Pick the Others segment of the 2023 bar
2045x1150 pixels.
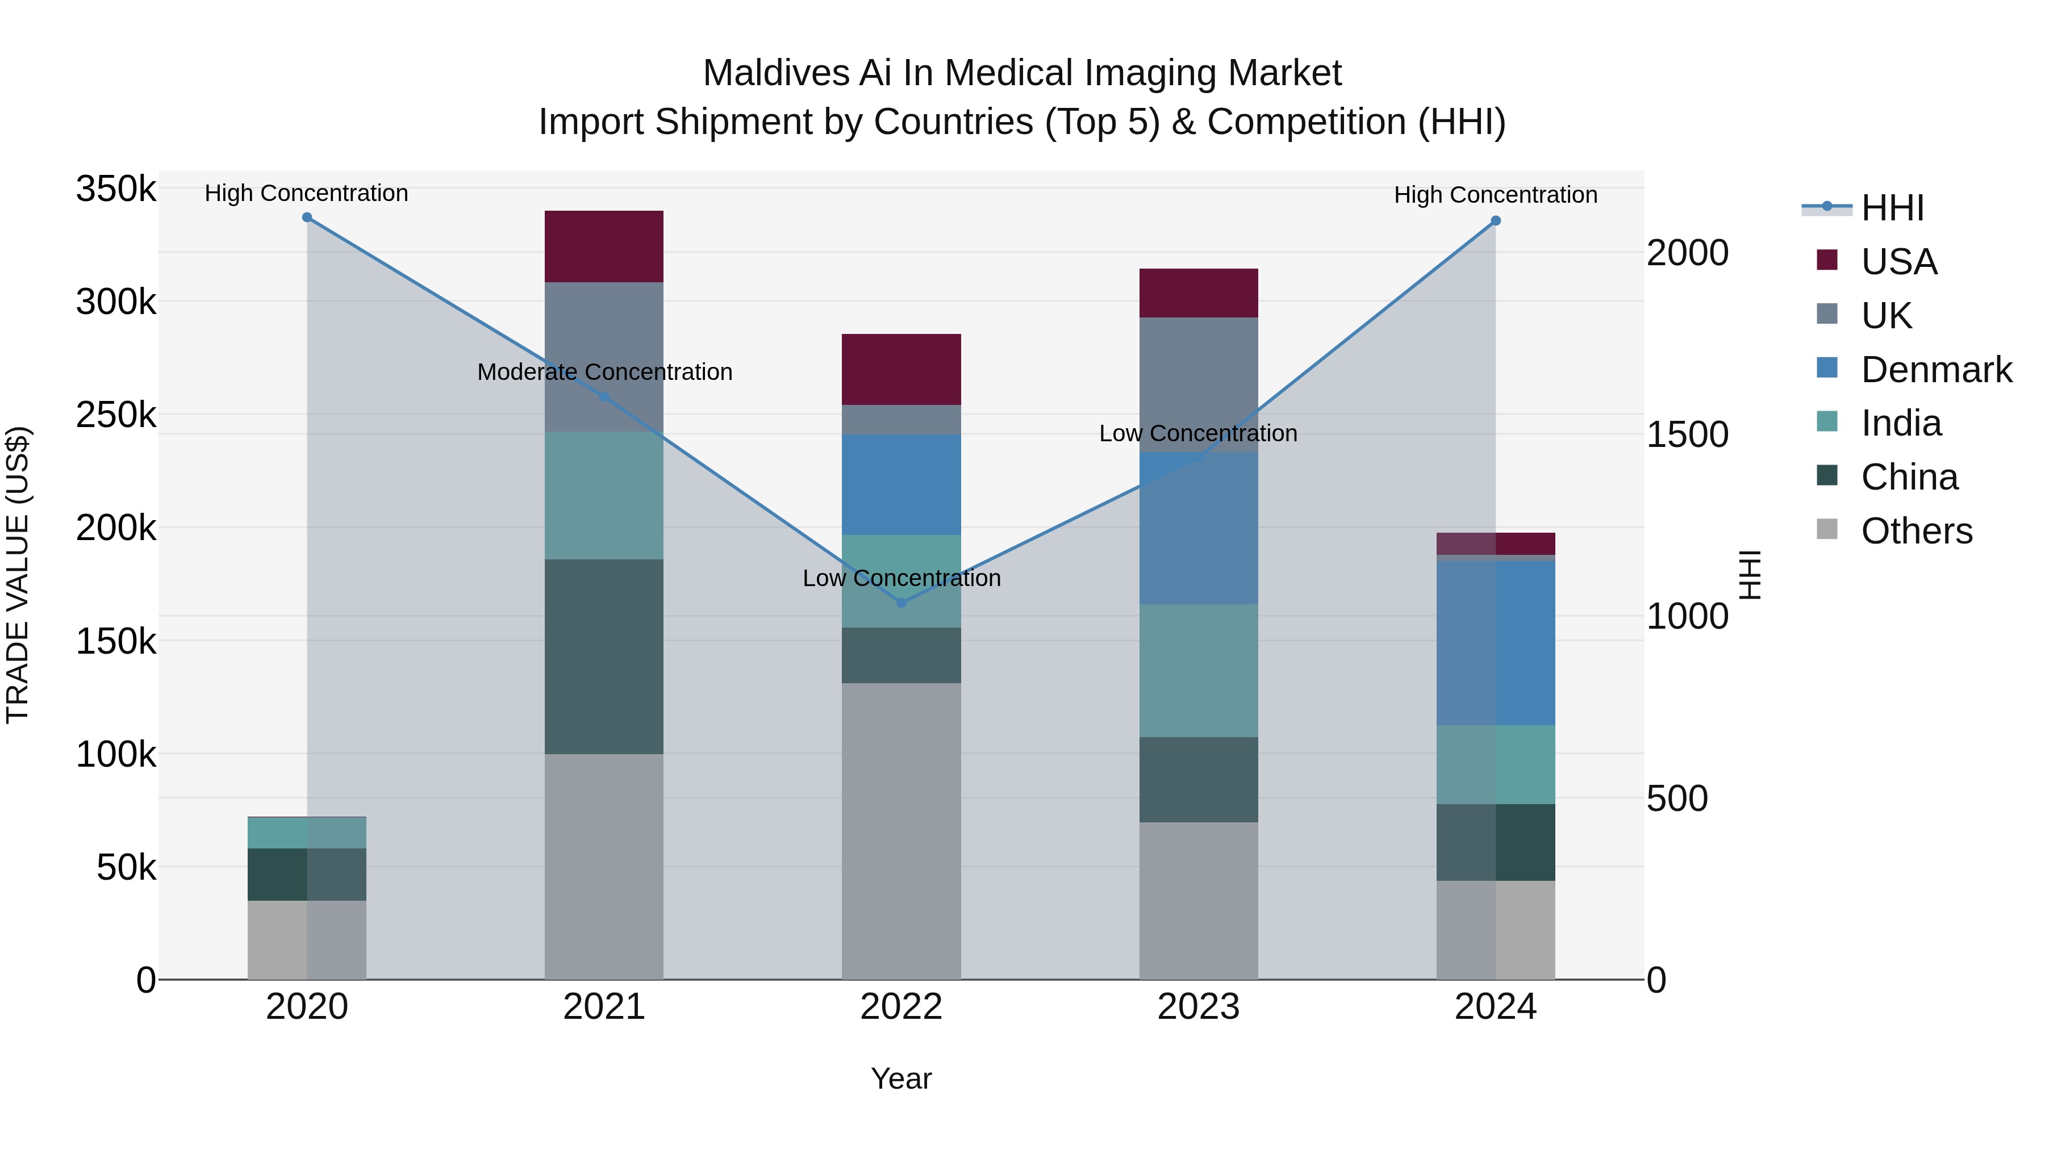pos(1198,900)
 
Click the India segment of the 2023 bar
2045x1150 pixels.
pos(1198,671)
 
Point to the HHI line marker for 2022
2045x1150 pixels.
pos(901,603)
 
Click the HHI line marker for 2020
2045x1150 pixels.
pos(307,218)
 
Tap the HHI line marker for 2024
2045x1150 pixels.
pos(1495,221)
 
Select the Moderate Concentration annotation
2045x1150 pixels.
pos(604,371)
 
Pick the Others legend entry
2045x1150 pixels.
pos(1915,531)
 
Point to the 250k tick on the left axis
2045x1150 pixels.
pos(116,415)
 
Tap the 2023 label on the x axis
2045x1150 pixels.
pos(1198,1007)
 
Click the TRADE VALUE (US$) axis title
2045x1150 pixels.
pos(18,575)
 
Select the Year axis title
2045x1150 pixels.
pos(901,1078)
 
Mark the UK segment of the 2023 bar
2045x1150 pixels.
pos(1198,385)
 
